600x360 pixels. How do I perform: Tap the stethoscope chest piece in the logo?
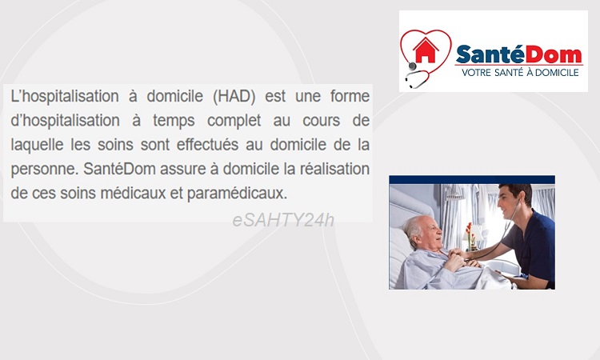(412, 66)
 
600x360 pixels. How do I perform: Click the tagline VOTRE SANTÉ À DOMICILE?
(520, 72)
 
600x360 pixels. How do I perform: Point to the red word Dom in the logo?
(553, 54)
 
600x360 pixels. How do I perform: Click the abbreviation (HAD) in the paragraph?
(234, 96)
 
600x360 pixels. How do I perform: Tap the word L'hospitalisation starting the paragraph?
(65, 97)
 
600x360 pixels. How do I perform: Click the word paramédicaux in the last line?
(237, 194)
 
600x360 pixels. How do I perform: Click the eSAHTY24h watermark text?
(283, 220)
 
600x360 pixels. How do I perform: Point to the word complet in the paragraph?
(234, 121)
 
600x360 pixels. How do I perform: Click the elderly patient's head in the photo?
(423, 233)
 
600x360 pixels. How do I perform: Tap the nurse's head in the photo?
(514, 202)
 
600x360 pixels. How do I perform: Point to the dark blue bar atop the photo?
(472, 180)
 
